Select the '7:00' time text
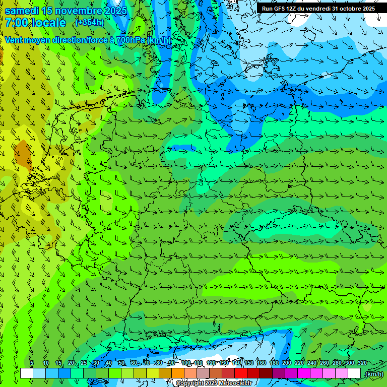point(16,23)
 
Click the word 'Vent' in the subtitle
point(15,40)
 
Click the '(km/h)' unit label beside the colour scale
point(373,374)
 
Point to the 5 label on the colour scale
point(32,363)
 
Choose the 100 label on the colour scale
point(186,363)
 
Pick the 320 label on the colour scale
point(362,363)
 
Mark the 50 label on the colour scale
point(121,363)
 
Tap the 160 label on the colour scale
point(262,363)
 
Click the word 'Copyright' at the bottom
point(190,383)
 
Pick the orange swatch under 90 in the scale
point(178,373)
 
